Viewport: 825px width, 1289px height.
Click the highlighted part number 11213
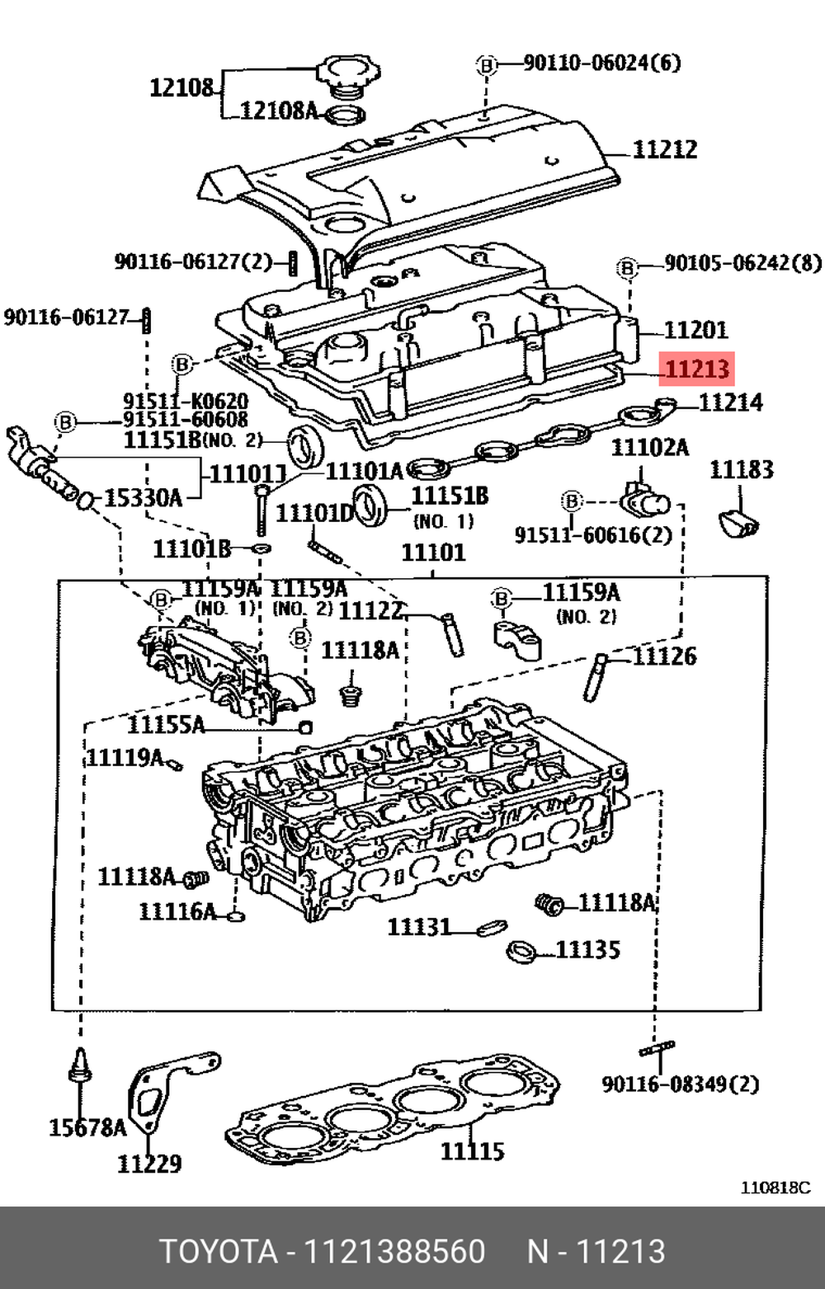697,369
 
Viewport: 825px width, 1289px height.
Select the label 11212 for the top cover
665,149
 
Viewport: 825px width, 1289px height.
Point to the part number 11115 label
472,1150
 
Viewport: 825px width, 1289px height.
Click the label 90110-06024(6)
602,63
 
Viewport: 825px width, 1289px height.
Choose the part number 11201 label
695,330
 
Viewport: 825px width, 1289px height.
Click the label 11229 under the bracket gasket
149,1163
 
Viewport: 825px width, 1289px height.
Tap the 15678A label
87,1127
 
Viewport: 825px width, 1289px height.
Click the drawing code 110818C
775,1188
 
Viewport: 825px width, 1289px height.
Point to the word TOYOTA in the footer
218,1252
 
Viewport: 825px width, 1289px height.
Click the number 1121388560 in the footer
395,1252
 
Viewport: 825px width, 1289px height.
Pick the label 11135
587,949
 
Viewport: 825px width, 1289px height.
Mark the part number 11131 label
419,927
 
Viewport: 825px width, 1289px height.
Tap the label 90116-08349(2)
681,1084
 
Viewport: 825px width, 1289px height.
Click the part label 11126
664,656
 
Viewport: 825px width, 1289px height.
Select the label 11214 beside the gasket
731,402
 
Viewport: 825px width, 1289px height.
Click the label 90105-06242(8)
742,263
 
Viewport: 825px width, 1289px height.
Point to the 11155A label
165,725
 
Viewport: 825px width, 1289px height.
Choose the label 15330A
143,498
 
